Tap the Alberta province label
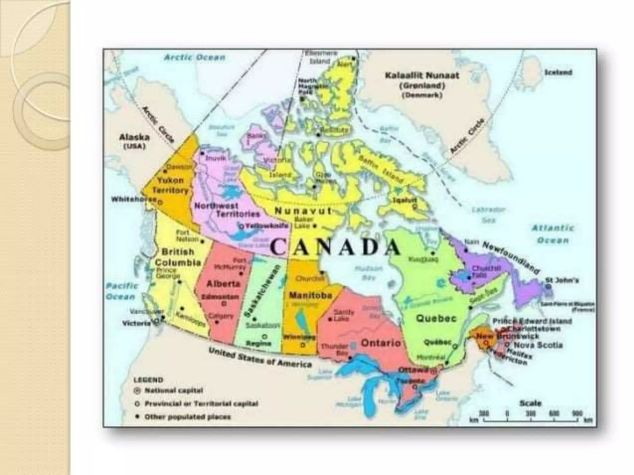coord(223,283)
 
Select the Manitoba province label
coord(310,295)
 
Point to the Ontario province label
coord(381,343)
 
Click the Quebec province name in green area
coord(436,318)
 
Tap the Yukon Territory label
coord(171,185)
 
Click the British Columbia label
coord(178,257)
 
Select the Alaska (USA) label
coord(134,141)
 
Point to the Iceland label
coord(558,72)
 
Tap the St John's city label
coord(562,280)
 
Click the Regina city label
coord(258,343)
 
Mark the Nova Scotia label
coord(538,345)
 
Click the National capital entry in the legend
coord(173,391)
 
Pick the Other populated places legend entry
coord(188,417)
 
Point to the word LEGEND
coord(148,380)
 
